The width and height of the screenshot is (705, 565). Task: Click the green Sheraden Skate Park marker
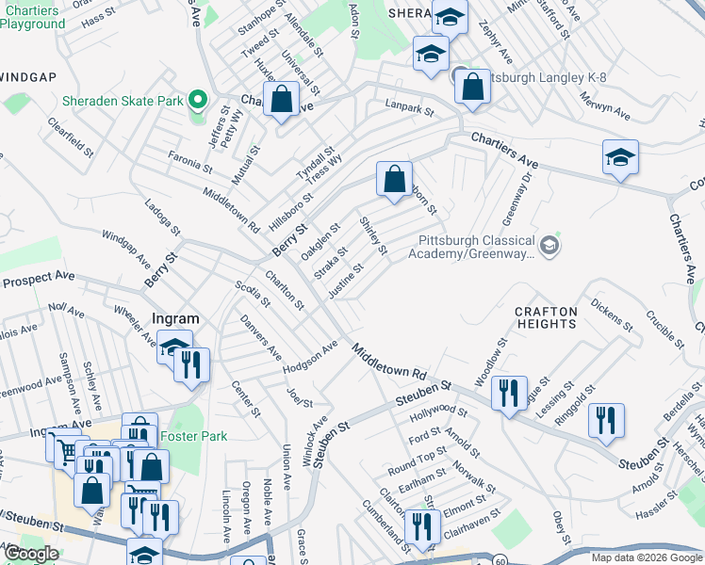[x=198, y=100]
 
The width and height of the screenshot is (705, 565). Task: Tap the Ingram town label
[x=173, y=319]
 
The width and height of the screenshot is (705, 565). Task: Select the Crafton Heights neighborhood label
[x=545, y=317]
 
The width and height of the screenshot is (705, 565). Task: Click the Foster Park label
[x=194, y=436]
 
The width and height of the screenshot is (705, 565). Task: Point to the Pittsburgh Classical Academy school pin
[x=550, y=246]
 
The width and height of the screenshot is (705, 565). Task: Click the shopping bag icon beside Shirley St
[x=394, y=178]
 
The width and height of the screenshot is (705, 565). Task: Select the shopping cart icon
[x=64, y=451]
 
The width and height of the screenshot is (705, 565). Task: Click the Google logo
[x=30, y=554]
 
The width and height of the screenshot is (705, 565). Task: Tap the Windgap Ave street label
[x=125, y=247]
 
